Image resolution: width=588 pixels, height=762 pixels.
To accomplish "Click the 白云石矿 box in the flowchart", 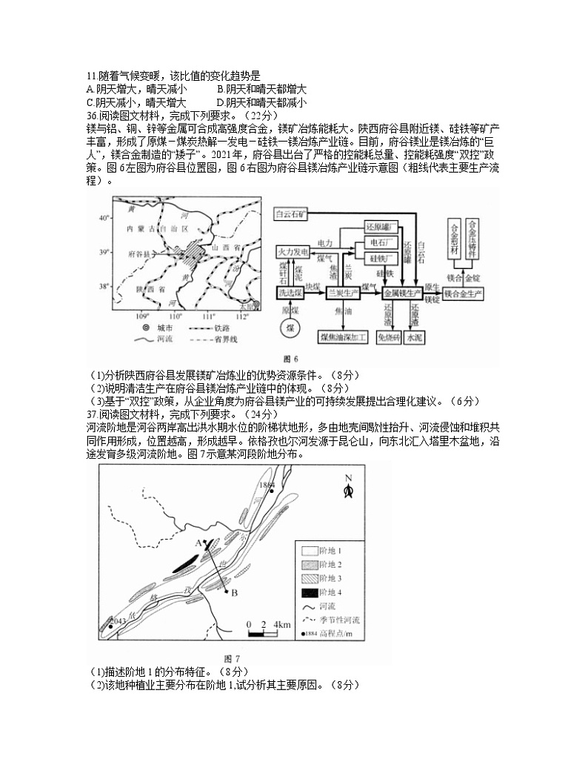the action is [x=292, y=213].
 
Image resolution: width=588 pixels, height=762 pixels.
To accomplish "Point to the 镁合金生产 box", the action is [x=464, y=294].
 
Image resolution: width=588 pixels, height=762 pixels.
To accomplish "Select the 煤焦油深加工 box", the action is [x=344, y=337].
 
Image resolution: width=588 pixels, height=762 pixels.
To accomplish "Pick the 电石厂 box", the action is [x=382, y=242].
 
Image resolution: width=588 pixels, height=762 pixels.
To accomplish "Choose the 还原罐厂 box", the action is [x=382, y=225].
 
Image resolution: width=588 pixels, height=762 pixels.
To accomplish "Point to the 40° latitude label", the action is [x=104, y=217].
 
